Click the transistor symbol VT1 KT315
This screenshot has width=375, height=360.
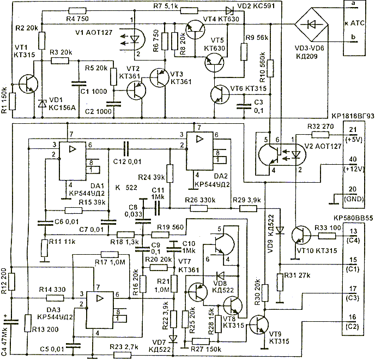tap(28, 83)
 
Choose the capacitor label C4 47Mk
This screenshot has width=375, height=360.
tap(5, 333)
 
